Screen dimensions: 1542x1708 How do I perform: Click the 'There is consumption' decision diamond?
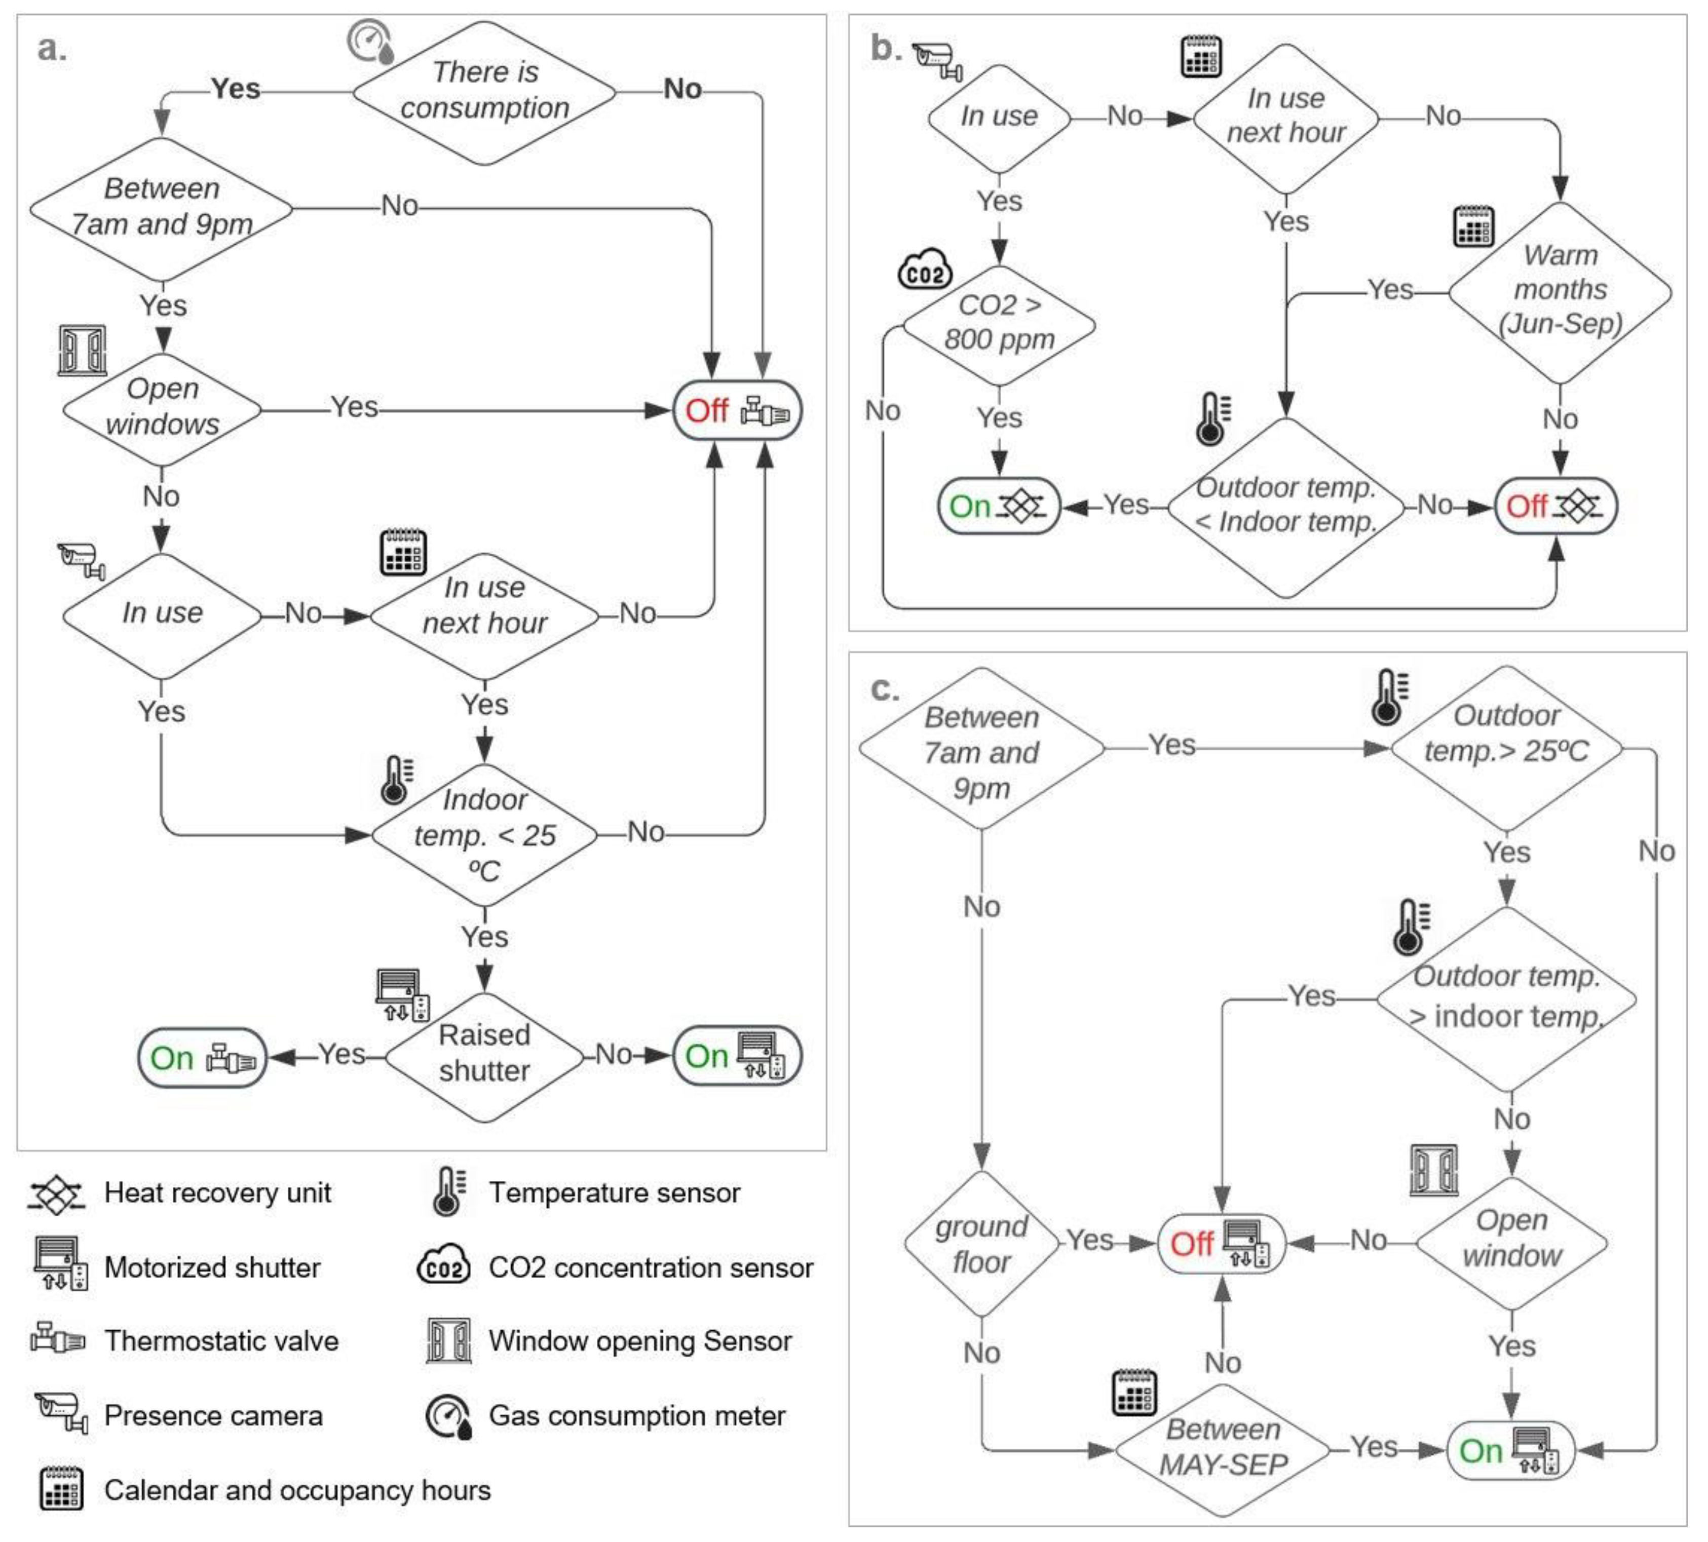pyautogui.click(x=484, y=92)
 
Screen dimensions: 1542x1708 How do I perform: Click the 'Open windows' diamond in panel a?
pyautogui.click(x=162, y=407)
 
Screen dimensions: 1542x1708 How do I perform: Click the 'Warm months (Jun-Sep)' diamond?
pyautogui.click(x=1560, y=291)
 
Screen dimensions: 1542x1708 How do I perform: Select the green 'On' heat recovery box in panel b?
pyautogui.click(x=999, y=507)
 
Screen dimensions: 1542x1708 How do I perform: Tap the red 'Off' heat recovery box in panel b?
pyautogui.click(x=1555, y=507)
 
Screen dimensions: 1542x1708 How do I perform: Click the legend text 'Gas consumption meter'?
pyautogui.click(x=637, y=1416)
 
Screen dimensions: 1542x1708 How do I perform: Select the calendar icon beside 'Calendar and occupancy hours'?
pyautogui.click(x=61, y=1489)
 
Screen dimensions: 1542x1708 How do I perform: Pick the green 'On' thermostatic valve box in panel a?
pyautogui.click(x=202, y=1057)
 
